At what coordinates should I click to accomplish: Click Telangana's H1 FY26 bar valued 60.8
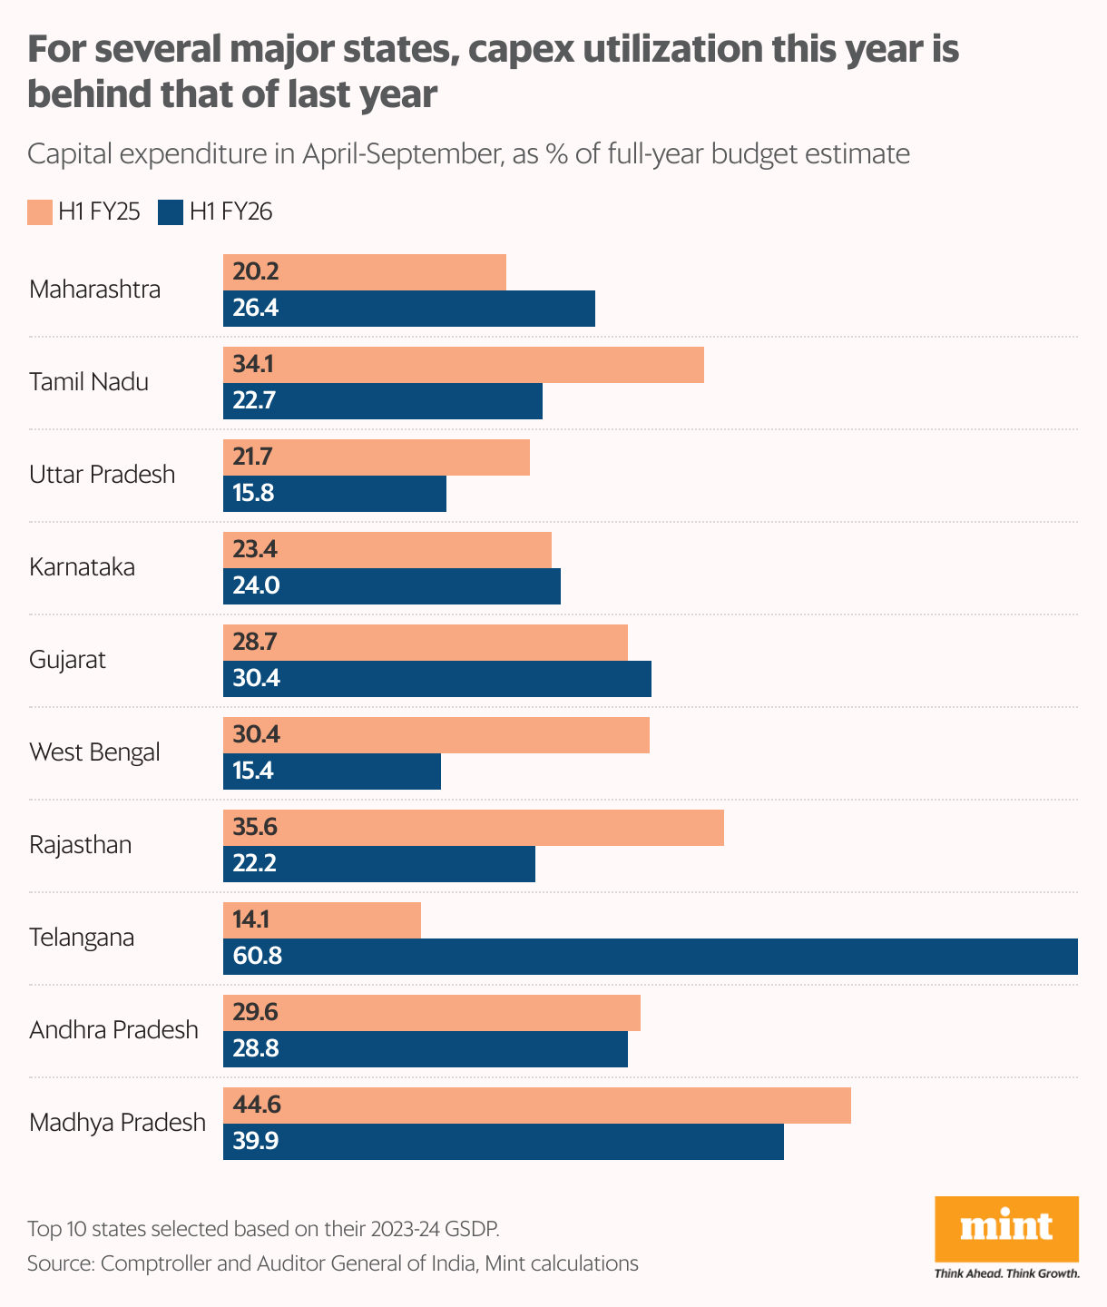(x=650, y=957)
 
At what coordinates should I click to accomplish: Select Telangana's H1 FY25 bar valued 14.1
(x=322, y=920)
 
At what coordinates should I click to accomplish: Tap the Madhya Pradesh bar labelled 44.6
(x=537, y=1106)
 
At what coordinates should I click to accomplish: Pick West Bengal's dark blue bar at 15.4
(x=332, y=771)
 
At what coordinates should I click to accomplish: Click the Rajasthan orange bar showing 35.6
(x=474, y=828)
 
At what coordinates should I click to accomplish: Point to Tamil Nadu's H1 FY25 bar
(x=464, y=365)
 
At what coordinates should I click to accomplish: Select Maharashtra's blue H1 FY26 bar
(x=409, y=309)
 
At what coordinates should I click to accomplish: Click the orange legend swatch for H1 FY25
(x=39, y=212)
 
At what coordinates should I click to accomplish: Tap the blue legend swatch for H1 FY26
(x=171, y=212)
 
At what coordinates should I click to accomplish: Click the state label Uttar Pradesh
(x=102, y=475)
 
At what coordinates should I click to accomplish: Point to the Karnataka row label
(x=82, y=567)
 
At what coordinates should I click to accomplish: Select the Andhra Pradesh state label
(x=113, y=1030)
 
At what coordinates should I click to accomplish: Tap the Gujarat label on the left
(x=67, y=660)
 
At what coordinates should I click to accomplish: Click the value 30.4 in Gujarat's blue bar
(x=256, y=679)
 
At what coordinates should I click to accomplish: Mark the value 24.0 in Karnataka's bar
(x=256, y=586)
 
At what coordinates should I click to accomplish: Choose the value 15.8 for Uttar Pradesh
(x=253, y=494)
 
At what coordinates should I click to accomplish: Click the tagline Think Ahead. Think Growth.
(x=1006, y=1273)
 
